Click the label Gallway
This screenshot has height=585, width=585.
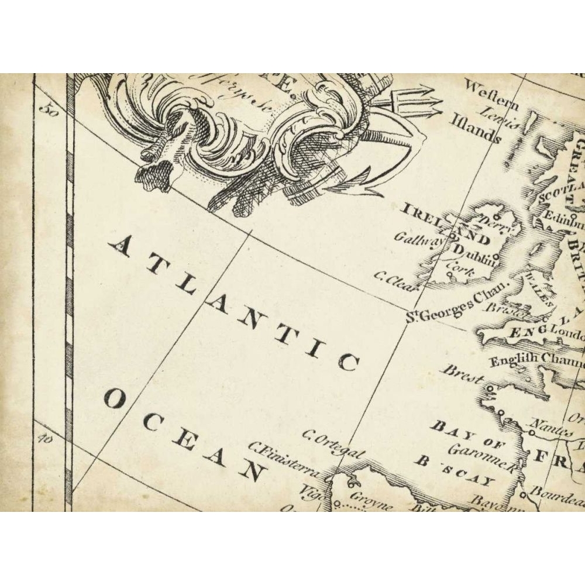pyautogui.click(x=417, y=239)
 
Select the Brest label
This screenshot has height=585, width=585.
pyautogui.click(x=463, y=374)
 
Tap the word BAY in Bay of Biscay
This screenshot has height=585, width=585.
pyautogui.click(x=448, y=430)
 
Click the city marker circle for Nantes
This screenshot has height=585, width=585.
pyautogui.click(x=532, y=433)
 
